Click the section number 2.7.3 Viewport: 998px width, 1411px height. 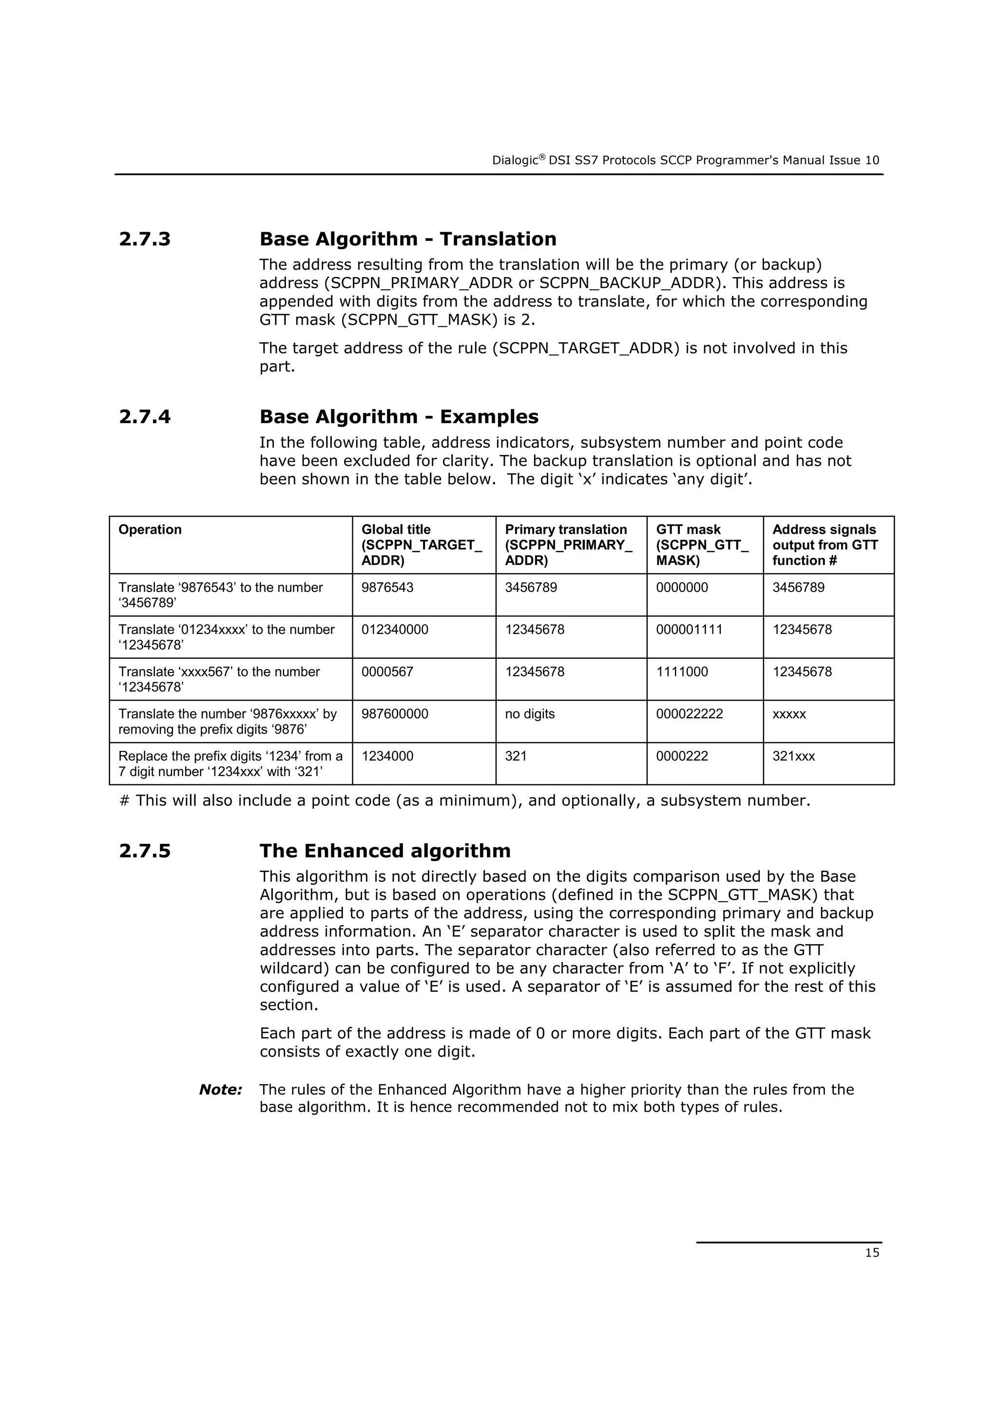(145, 239)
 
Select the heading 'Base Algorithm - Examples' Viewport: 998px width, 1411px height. (399, 417)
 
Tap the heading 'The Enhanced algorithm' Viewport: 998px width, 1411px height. (385, 851)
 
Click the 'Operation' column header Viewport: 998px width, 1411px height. (150, 530)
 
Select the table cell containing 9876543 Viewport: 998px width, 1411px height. (387, 588)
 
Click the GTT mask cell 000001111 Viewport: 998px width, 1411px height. (690, 630)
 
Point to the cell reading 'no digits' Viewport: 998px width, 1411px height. (529, 714)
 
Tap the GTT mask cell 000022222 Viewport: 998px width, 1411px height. (690, 714)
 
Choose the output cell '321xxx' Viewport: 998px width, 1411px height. (793, 757)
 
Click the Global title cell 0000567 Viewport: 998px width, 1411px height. (387, 672)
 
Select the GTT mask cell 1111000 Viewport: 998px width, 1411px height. (682, 672)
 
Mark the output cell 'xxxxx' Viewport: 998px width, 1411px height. (789, 714)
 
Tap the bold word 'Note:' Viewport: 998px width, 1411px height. (221, 1090)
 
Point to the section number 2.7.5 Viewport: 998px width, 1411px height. (145, 851)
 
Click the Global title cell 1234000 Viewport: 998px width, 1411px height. (387, 757)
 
